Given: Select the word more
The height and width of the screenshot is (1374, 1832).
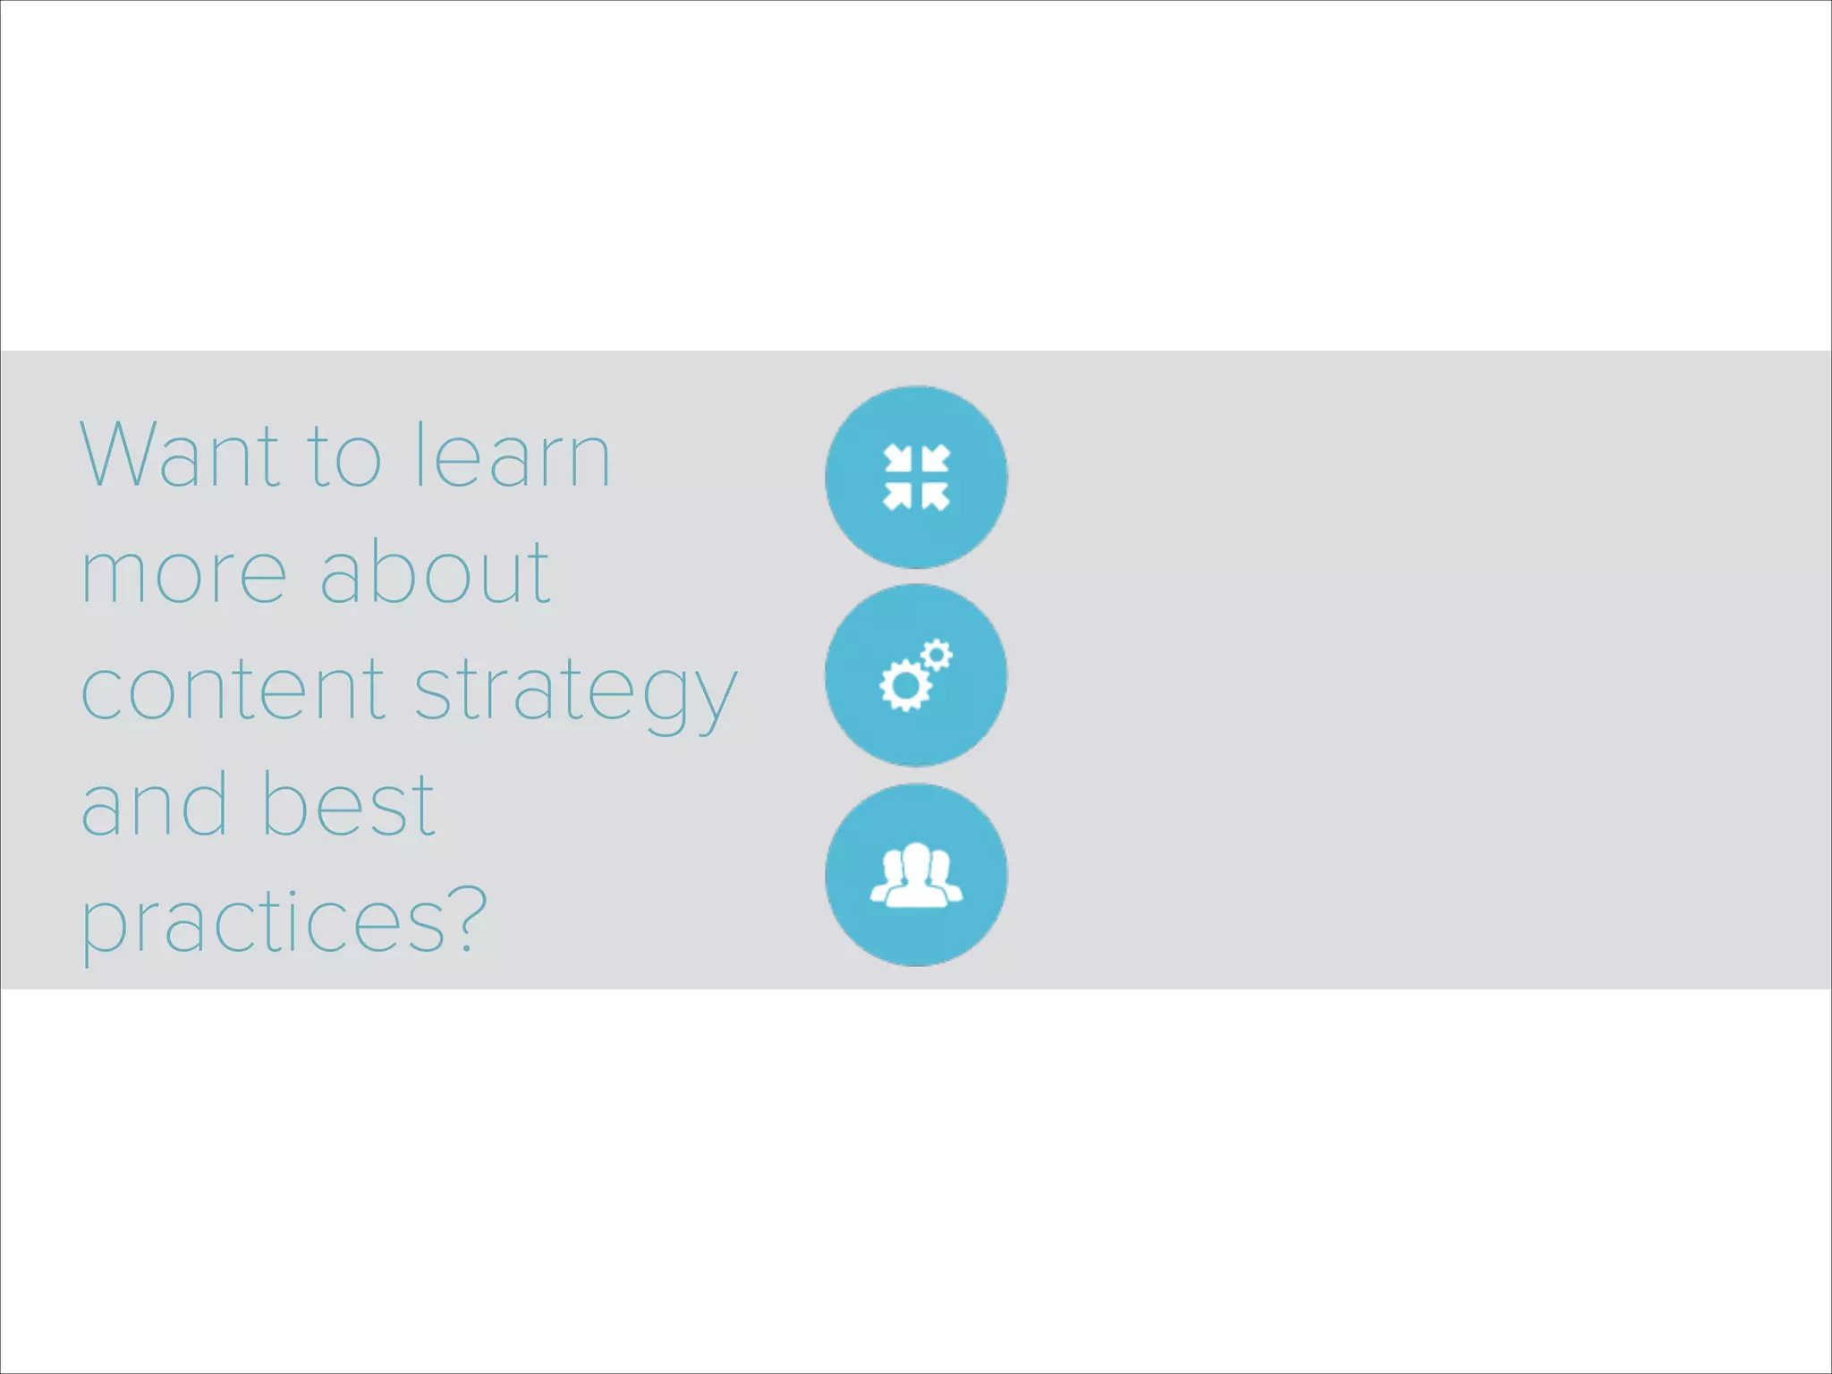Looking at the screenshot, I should tap(184, 575).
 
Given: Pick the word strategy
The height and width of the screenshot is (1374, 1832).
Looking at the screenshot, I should tap(576, 694).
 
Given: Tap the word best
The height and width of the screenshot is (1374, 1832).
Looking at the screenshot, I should tap(348, 805).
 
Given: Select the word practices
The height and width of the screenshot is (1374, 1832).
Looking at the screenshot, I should tap(264, 924).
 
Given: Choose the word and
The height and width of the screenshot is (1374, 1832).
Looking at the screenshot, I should tap(154, 805).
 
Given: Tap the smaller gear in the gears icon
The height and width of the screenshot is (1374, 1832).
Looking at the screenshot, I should tap(937, 656).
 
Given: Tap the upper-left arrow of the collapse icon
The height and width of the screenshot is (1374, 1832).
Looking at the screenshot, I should tap(897, 459).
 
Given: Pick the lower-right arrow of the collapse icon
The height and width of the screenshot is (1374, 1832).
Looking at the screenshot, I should tap(935, 496).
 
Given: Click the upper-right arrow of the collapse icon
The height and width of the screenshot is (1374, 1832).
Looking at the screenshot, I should tap(935, 459).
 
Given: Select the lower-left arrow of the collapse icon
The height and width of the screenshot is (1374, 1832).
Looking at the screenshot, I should tap(897, 496).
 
